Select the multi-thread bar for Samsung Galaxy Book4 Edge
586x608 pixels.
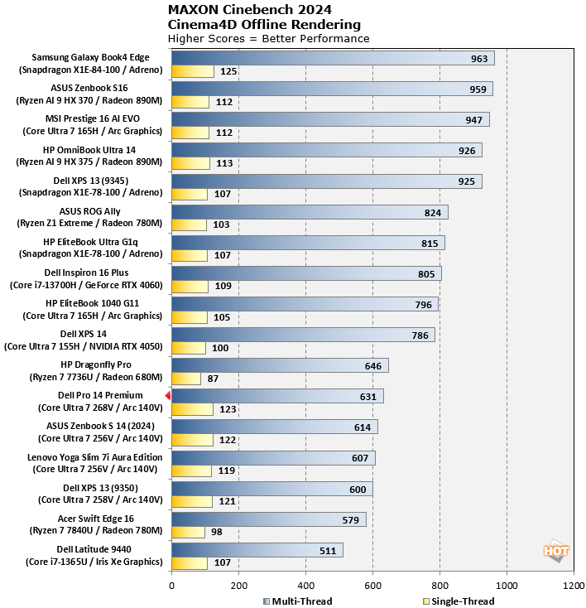[x=332, y=58]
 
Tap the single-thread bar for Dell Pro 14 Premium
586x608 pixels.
[x=192, y=409]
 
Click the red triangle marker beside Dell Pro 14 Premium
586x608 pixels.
[x=167, y=397]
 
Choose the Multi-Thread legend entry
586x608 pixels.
[x=297, y=601]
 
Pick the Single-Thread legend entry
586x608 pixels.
[x=458, y=601]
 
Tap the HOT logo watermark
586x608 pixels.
[x=555, y=550]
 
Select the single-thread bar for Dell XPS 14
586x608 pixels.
[x=189, y=348]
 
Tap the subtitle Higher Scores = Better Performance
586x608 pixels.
[x=268, y=38]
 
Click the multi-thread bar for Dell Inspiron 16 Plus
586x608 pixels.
[x=306, y=273]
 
